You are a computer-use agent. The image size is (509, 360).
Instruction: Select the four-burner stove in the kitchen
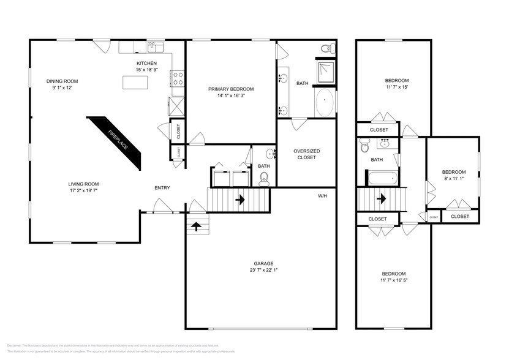click(179, 78)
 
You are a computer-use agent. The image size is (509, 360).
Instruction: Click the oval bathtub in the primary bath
click(325, 102)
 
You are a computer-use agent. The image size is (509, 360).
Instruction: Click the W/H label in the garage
click(322, 196)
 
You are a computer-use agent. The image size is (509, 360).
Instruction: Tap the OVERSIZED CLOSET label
click(306, 154)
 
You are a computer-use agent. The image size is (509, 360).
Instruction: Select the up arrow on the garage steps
click(196, 226)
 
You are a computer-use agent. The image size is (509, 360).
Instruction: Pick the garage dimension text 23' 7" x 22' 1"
click(260, 271)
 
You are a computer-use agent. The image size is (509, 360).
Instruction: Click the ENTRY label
click(162, 188)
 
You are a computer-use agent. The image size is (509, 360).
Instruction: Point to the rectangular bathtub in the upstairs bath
click(382, 179)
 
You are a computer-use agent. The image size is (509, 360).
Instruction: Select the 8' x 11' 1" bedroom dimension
click(454, 179)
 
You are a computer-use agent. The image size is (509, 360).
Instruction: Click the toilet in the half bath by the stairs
click(264, 178)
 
